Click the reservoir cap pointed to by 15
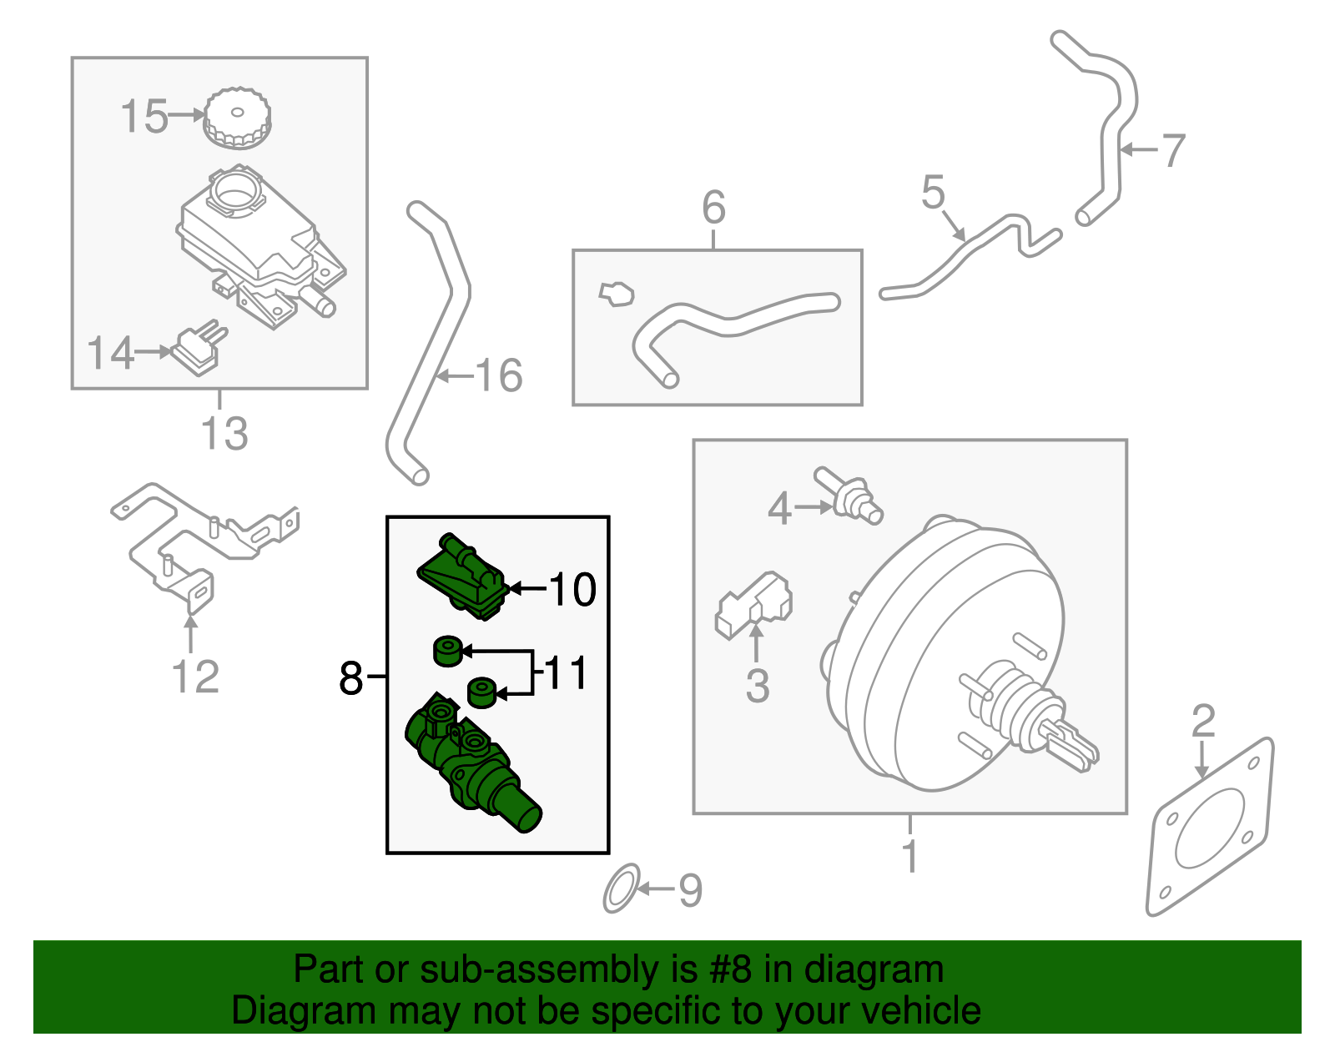(237, 118)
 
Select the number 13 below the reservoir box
(224, 434)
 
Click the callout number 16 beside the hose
(499, 375)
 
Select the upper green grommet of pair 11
(447, 650)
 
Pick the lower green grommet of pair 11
(481, 692)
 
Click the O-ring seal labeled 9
(621, 889)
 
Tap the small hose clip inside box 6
(617, 294)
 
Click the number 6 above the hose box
(713, 207)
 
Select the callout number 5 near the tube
(933, 193)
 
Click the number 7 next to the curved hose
(1173, 151)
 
